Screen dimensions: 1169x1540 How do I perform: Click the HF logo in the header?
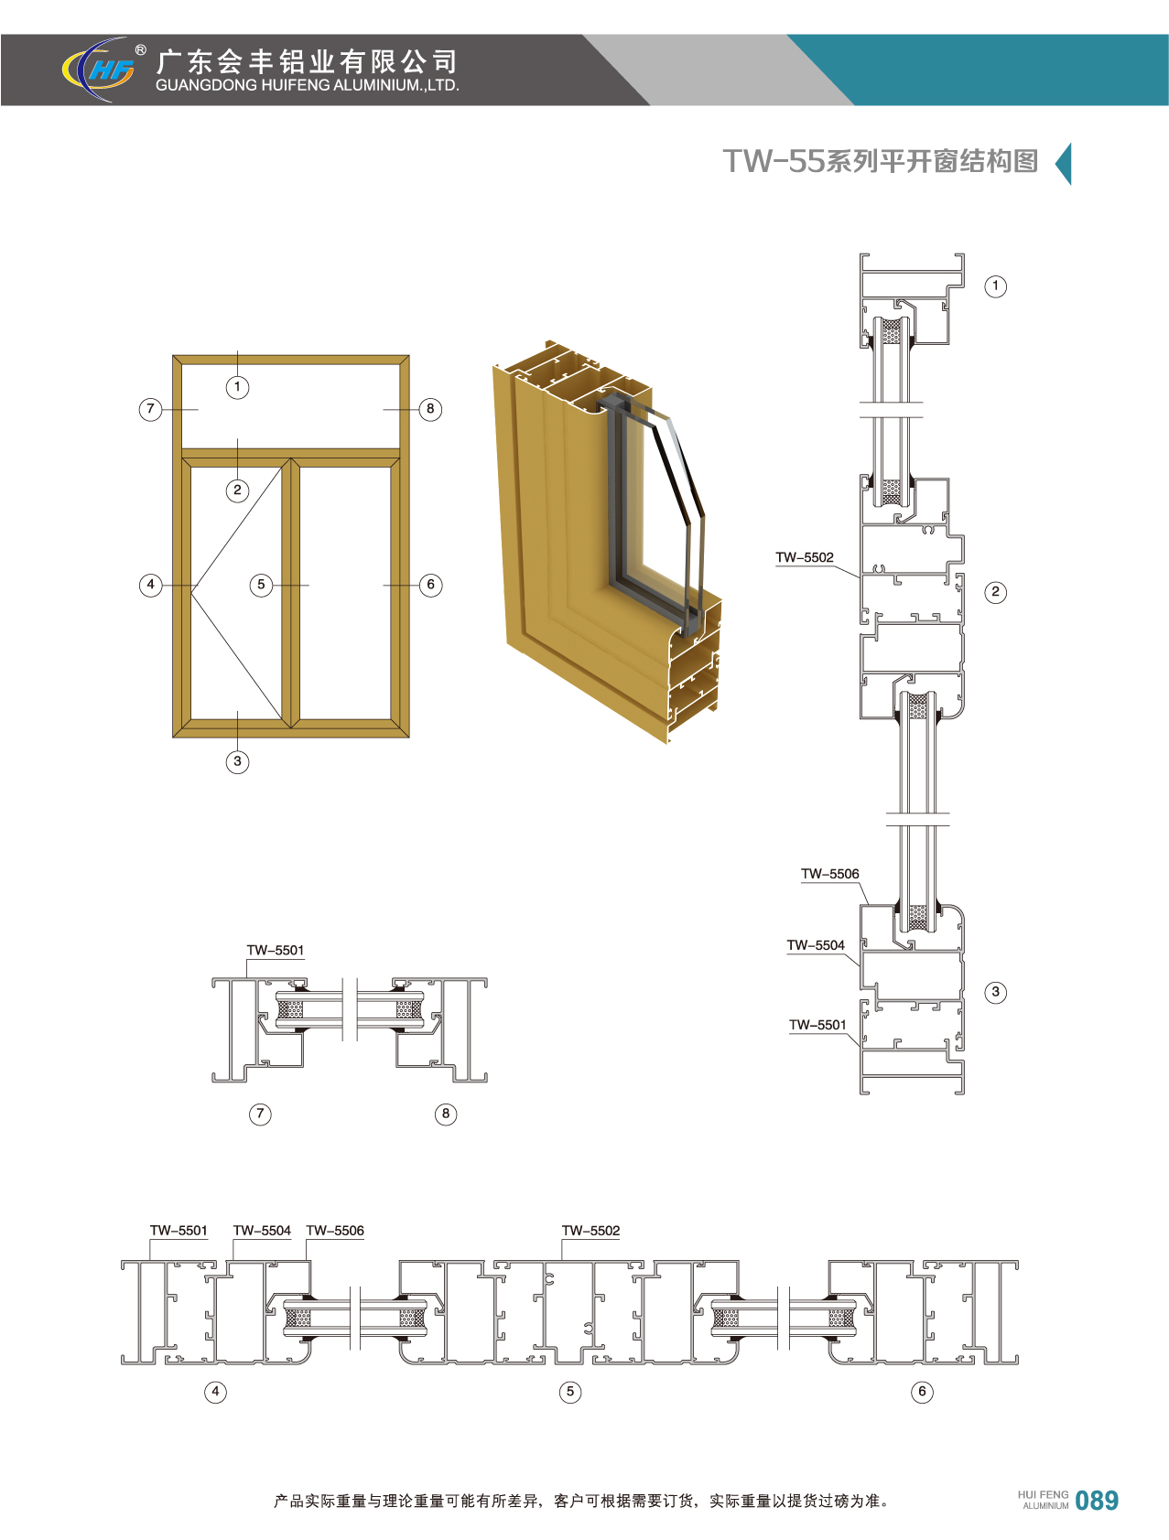click(x=99, y=70)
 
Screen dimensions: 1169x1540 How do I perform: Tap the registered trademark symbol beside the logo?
click(x=140, y=50)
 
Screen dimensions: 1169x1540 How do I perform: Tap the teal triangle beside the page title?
click(x=1063, y=164)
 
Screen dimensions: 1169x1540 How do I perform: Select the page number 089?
click(x=1097, y=1501)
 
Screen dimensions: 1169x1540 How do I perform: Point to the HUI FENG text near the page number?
click(x=1043, y=1494)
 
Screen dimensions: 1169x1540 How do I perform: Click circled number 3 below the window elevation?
click(x=237, y=761)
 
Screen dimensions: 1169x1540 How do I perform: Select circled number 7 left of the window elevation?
click(x=151, y=409)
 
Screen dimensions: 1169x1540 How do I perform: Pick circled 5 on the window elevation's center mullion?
click(x=261, y=585)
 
